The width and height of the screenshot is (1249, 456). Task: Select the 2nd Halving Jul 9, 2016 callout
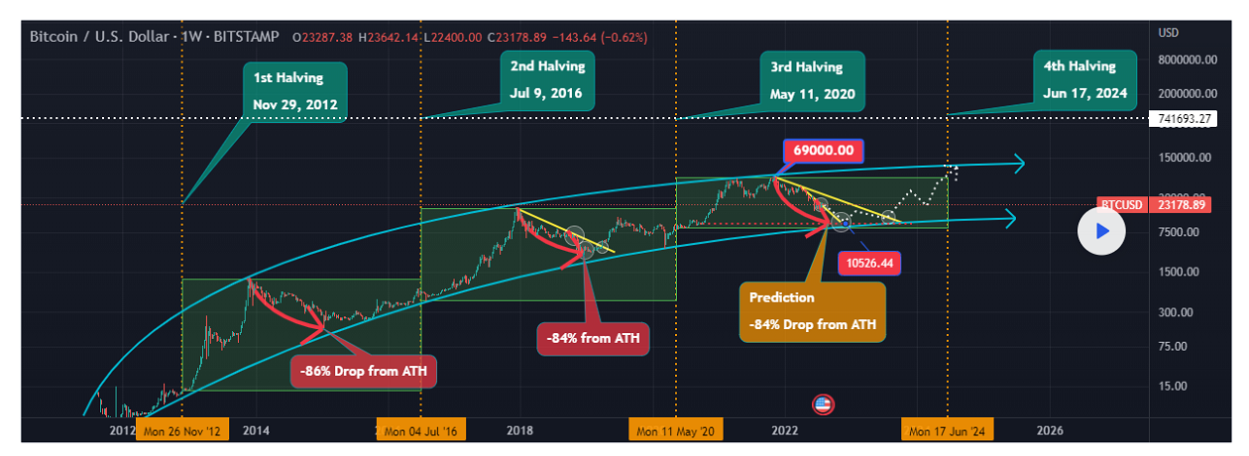tap(547, 81)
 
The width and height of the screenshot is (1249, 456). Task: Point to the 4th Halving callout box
tap(1079, 80)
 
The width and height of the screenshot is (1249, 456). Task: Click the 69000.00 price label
tap(823, 151)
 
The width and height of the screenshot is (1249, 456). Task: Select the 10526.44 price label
tap(869, 264)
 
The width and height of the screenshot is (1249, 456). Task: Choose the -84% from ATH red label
tap(593, 339)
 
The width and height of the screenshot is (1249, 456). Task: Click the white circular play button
tap(1102, 231)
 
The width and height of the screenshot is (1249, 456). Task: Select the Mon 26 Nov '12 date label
tap(183, 431)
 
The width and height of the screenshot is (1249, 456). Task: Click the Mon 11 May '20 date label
tap(677, 431)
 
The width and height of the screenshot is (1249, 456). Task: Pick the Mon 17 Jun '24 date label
tap(947, 431)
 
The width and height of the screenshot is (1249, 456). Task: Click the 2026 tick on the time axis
tap(1050, 431)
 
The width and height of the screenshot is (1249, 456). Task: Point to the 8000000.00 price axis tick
tap(1187, 59)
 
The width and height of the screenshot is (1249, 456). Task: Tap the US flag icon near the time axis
tap(823, 404)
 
